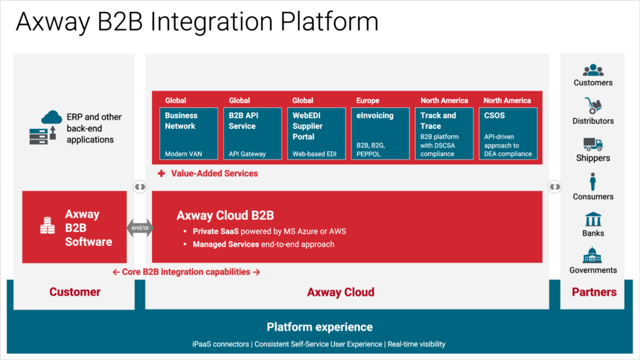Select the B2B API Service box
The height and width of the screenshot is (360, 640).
click(x=252, y=133)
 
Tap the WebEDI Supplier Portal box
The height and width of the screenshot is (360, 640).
click(x=317, y=133)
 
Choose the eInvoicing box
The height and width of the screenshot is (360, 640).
click(x=380, y=133)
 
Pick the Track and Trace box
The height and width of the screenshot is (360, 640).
click(x=444, y=133)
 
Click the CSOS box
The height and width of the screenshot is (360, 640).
click(x=507, y=133)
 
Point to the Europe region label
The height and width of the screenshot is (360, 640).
click(x=367, y=100)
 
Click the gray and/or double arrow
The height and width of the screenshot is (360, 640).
click(x=139, y=227)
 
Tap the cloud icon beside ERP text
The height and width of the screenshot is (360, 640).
click(x=51, y=117)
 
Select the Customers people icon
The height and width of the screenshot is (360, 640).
click(x=592, y=71)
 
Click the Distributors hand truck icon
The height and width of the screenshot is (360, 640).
click(x=592, y=106)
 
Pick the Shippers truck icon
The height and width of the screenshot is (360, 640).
click(x=592, y=144)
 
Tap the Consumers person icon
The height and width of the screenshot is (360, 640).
click(x=592, y=182)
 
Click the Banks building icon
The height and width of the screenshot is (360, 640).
click(x=592, y=219)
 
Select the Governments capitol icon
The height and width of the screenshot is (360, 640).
click(x=592, y=256)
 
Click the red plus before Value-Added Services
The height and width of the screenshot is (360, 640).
click(x=161, y=173)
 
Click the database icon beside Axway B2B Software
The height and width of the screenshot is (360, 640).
click(x=47, y=226)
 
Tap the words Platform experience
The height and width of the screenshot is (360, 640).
click(x=319, y=327)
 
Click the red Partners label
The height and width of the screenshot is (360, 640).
click(x=594, y=292)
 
